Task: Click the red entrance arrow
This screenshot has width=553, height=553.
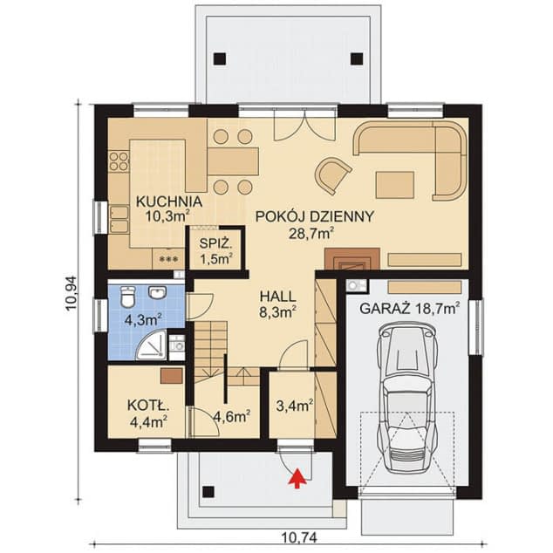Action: tap(297, 478)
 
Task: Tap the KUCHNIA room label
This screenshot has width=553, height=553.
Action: tap(169, 201)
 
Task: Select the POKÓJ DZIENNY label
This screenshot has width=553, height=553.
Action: tap(314, 216)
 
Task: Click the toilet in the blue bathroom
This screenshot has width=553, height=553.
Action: tap(127, 296)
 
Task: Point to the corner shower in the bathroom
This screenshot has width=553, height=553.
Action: tap(152, 345)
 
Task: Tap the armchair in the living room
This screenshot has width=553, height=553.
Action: tap(332, 175)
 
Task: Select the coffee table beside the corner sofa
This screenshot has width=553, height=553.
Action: tap(394, 185)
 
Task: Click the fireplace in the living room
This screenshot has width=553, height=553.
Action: tap(352, 259)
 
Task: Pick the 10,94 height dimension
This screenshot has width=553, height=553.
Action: tap(72, 292)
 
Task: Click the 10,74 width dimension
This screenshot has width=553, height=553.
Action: tap(300, 538)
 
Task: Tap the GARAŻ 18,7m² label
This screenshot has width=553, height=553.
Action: tap(409, 308)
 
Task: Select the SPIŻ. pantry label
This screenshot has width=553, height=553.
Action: tap(215, 243)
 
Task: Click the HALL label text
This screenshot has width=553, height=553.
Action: tap(277, 297)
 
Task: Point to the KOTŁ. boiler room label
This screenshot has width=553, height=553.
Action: tap(148, 406)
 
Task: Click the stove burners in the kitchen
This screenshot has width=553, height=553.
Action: tap(119, 160)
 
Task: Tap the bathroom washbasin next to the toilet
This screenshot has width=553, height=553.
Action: tap(157, 292)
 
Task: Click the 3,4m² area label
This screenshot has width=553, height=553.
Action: tap(295, 406)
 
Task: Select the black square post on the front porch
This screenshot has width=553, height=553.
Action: tap(208, 492)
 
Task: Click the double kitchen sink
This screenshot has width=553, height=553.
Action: tap(119, 219)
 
